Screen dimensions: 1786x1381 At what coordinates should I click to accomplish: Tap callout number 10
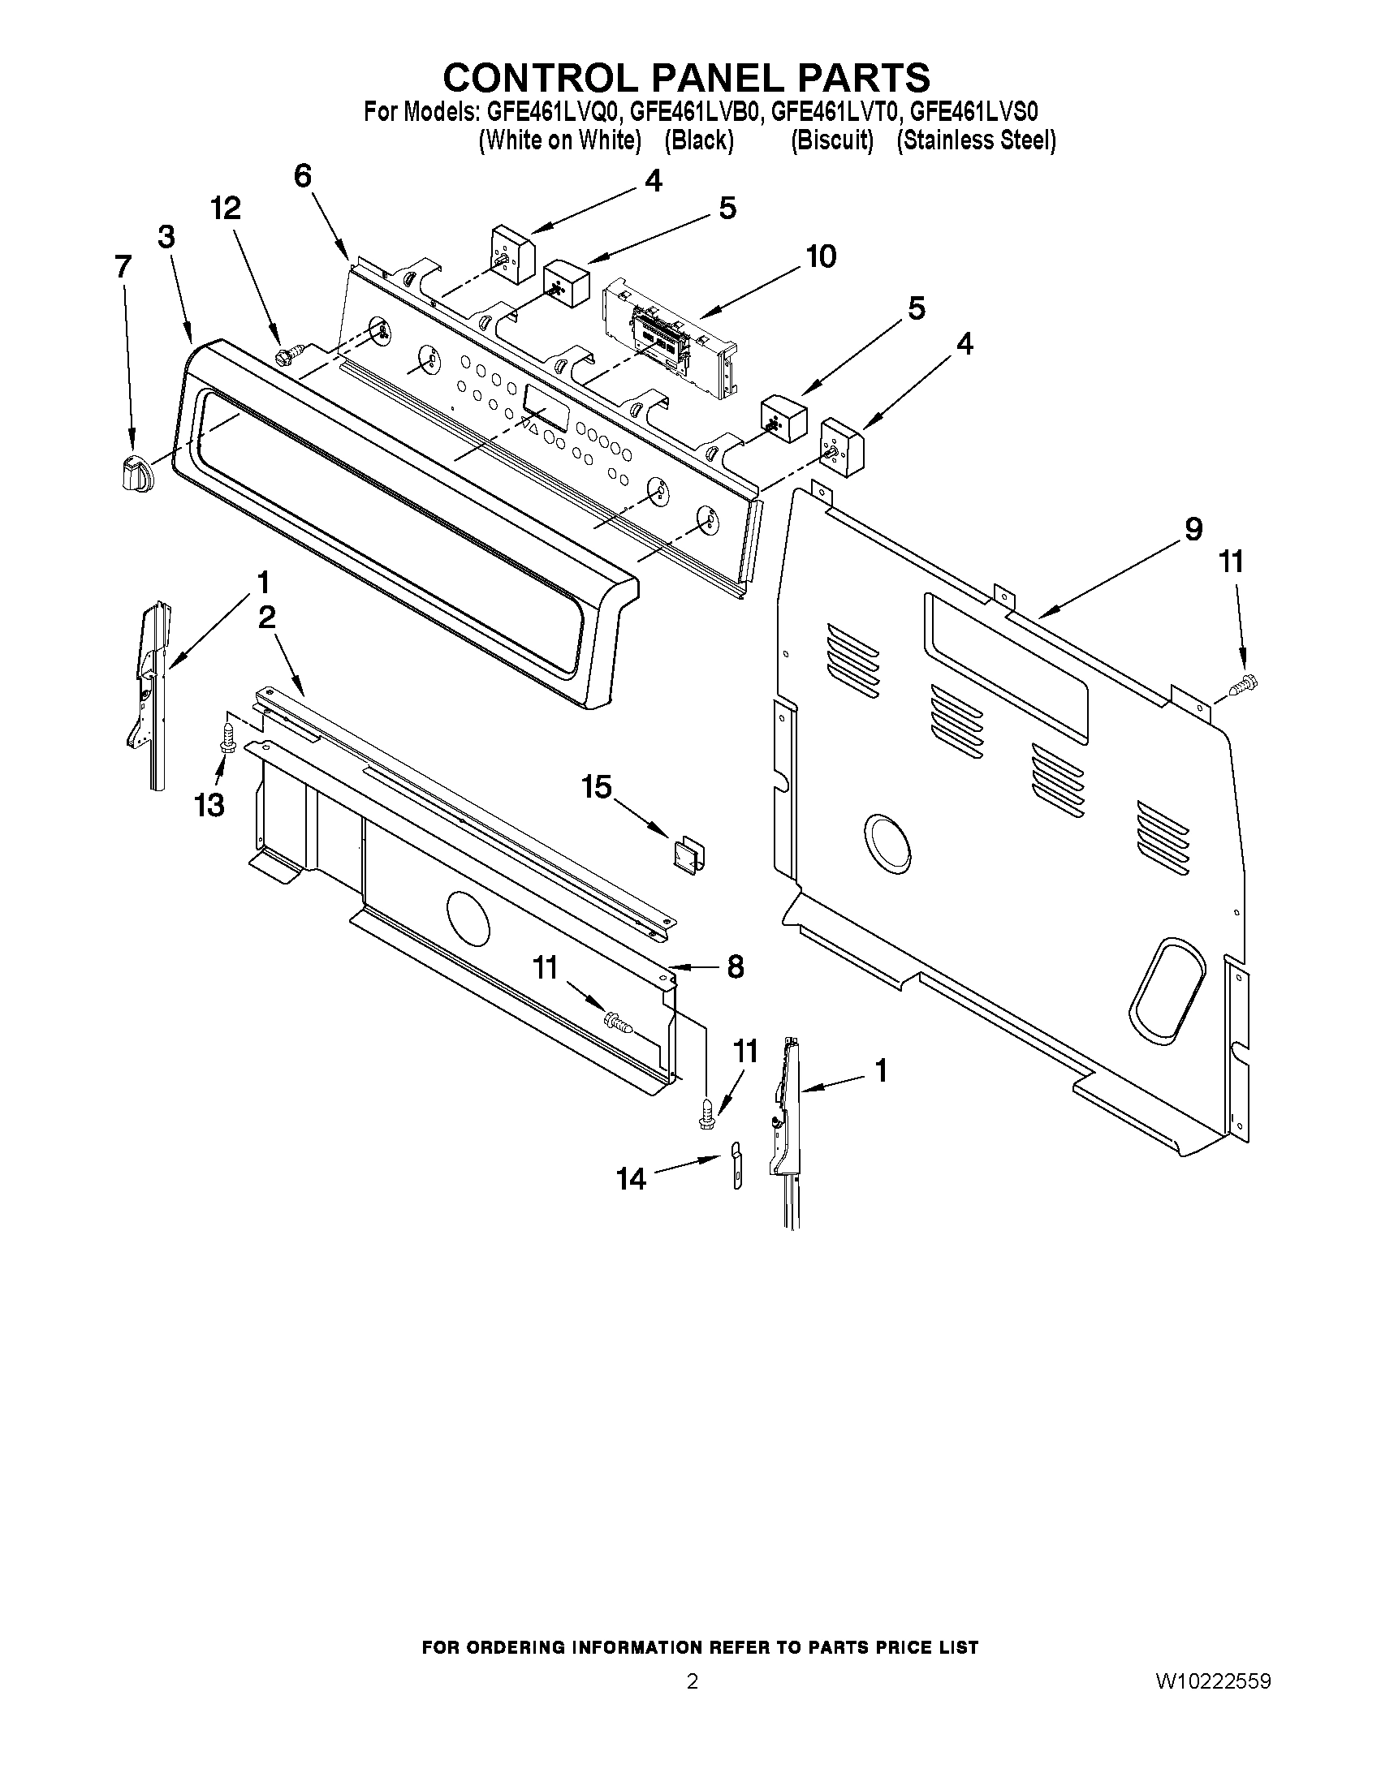821,256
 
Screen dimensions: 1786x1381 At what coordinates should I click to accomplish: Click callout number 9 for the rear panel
1193,529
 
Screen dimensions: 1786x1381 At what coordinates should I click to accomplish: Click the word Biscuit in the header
831,140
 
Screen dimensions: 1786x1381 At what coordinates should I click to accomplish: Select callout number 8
735,966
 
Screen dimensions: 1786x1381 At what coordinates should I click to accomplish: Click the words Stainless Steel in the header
975,140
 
